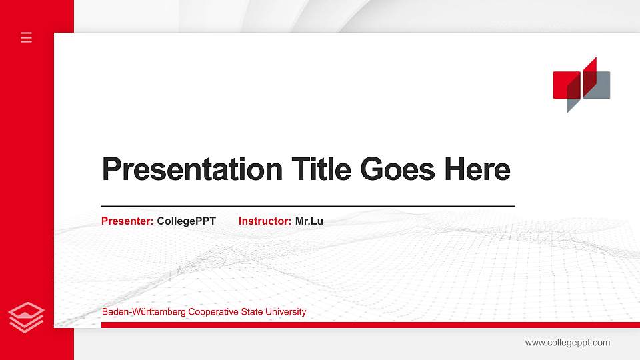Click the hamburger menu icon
pos(27,37)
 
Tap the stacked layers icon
pos(27,317)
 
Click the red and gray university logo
pos(581,85)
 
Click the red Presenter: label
pos(127,221)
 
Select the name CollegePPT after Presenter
pos(187,221)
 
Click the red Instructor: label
pos(265,221)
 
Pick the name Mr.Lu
pos(309,221)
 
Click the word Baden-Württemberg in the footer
pos(143,312)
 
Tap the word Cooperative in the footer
pos(215,312)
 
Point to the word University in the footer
pos(286,312)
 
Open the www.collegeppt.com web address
pos(567,343)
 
